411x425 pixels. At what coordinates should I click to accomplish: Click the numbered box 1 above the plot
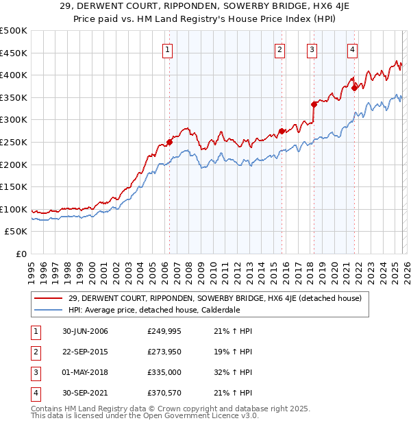click(168, 49)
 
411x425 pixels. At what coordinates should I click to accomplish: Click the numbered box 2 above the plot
click(280, 49)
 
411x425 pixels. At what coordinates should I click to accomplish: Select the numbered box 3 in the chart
click(312, 49)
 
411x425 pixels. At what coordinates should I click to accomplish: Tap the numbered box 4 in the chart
click(352, 49)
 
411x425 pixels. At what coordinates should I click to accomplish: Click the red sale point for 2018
click(314, 104)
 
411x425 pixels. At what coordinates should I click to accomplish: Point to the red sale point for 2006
click(169, 143)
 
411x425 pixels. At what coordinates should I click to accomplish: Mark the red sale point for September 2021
click(354, 88)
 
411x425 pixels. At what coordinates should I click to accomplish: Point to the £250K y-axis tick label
click(14, 142)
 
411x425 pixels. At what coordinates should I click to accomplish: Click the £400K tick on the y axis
click(14, 75)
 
